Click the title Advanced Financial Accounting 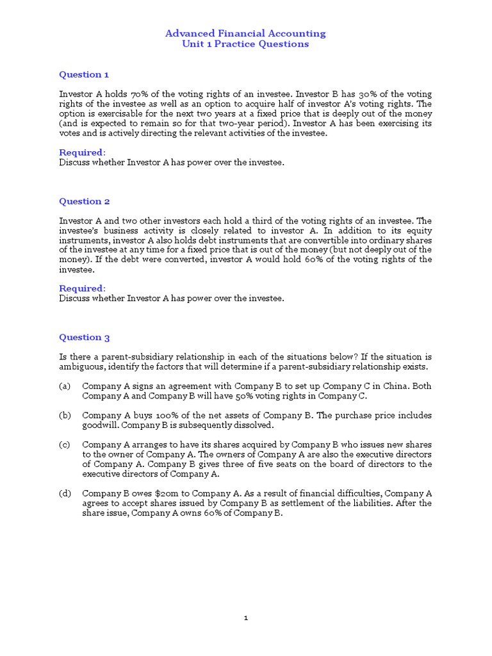245,33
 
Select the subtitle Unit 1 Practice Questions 245,44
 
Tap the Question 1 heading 80,74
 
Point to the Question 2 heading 80,201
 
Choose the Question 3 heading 80,337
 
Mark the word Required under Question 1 81,152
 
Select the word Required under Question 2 81,288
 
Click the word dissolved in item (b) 252,425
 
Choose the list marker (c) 65,445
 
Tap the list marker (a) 65,386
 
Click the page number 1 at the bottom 245,618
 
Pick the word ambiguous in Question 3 82,366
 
